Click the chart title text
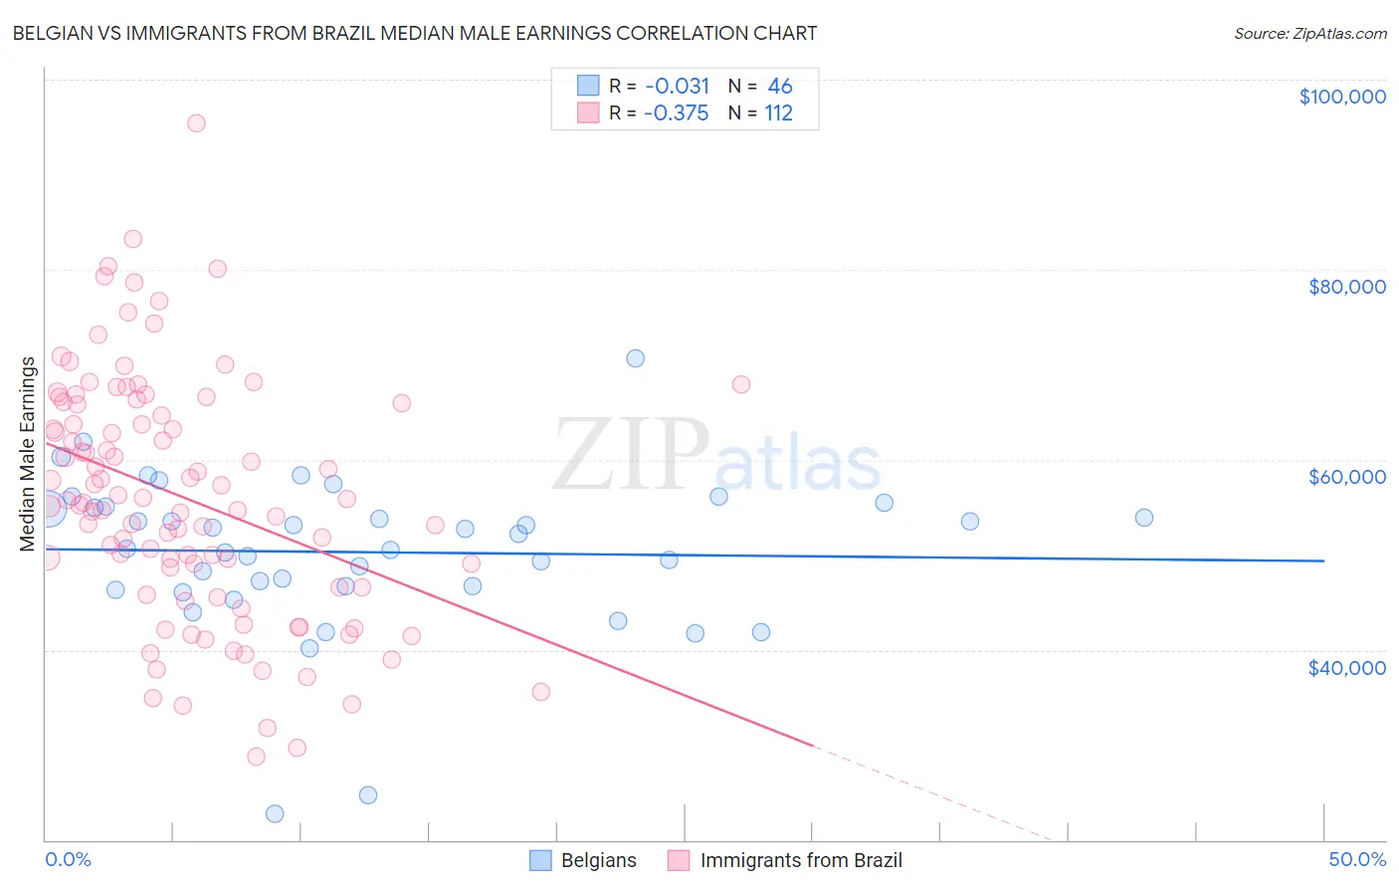415,33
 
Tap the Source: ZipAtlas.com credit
1309,33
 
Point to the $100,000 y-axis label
1342,97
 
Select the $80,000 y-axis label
1346,287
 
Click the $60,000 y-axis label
1346,477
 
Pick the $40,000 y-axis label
1346,667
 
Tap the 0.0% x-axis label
68,859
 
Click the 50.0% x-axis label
1357,859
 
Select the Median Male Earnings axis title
28,454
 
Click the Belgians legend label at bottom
598,860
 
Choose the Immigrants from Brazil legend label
801,860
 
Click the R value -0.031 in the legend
677,86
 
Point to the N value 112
778,112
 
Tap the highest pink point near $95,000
196,123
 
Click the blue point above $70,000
635,358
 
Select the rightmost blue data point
1144,518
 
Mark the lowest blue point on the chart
275,813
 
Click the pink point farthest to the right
740,384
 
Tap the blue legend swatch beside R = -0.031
588,86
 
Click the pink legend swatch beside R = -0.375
588,112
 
